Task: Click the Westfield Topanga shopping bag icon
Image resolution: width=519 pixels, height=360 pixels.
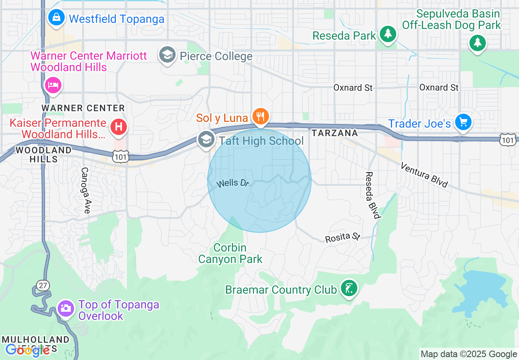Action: click(55, 18)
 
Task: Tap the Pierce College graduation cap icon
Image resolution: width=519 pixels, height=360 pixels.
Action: click(167, 55)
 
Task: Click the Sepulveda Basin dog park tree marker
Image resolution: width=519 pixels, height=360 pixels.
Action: click(477, 43)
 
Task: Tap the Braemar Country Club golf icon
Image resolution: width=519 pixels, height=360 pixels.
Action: click(348, 288)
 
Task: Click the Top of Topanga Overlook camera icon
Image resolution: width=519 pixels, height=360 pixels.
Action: click(66, 308)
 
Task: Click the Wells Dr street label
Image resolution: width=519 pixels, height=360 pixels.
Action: click(232, 183)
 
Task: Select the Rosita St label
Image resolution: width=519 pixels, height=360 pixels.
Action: click(342, 237)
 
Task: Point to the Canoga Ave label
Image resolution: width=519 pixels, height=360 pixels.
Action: click(85, 190)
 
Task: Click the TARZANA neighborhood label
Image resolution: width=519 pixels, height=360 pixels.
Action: click(334, 133)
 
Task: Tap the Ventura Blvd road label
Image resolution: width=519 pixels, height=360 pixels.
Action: click(424, 175)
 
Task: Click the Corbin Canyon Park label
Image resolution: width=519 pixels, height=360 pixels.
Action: click(230, 253)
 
